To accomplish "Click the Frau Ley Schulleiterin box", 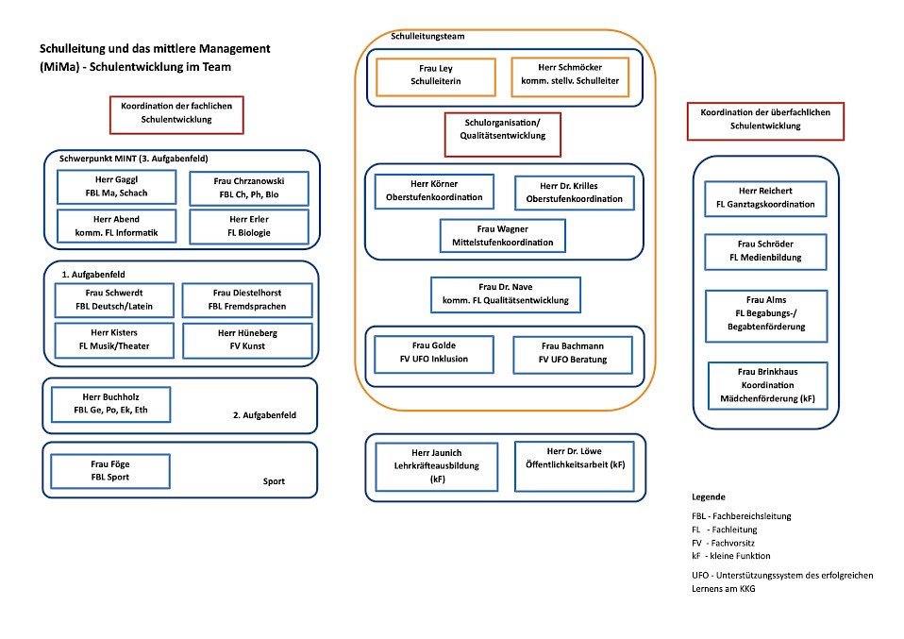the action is click(436, 76).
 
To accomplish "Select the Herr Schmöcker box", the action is click(570, 76).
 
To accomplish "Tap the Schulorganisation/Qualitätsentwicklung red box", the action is click(503, 134).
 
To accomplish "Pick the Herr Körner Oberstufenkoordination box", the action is click(434, 191).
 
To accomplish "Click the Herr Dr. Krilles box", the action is click(575, 193).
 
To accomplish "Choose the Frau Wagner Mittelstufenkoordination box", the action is click(503, 235).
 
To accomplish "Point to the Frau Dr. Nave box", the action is click(506, 294).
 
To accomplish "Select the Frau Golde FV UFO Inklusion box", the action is click(434, 354).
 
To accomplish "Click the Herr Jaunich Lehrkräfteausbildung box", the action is click(437, 466).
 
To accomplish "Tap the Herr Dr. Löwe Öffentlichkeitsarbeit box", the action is click(575, 466).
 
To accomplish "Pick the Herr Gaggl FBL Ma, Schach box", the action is click(116, 187).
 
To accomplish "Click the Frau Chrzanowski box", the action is click(249, 188).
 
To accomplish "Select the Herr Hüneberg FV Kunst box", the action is click(247, 340).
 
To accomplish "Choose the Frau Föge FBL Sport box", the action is click(110, 471).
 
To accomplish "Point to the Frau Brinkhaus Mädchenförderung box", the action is click(767, 386).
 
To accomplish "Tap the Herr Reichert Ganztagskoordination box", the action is click(765, 198).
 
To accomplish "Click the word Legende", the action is click(709, 497).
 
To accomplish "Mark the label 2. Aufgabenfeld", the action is click(264, 415).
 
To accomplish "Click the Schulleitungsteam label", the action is click(427, 36).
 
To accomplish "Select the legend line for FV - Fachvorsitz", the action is click(723, 544).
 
